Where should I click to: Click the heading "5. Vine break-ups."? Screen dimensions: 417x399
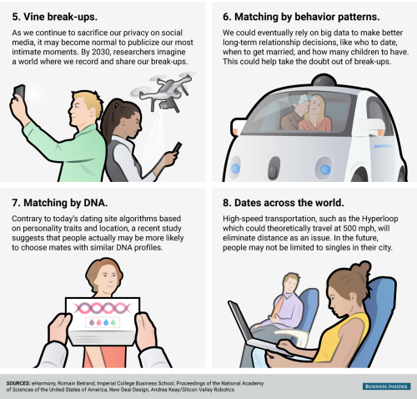point(54,17)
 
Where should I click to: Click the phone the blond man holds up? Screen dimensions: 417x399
point(19,92)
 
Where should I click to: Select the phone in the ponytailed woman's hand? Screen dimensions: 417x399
point(177,147)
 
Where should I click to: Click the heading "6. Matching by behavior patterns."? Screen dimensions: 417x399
point(301,17)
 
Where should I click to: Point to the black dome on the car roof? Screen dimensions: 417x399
point(324,80)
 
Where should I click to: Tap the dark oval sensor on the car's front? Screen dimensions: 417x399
point(274,167)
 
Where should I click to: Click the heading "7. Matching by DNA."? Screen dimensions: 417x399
point(60,203)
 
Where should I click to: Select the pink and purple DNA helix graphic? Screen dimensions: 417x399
point(103,308)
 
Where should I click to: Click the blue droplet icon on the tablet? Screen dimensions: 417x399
point(106,322)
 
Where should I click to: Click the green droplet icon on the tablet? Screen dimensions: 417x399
point(113,322)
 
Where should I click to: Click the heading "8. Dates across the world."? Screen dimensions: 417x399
point(284,203)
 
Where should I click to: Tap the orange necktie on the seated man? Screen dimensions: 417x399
point(279,306)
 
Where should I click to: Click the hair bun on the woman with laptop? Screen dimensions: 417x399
point(361,269)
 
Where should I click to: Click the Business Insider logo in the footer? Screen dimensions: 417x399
point(386,386)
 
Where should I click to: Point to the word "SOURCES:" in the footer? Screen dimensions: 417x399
point(18,383)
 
